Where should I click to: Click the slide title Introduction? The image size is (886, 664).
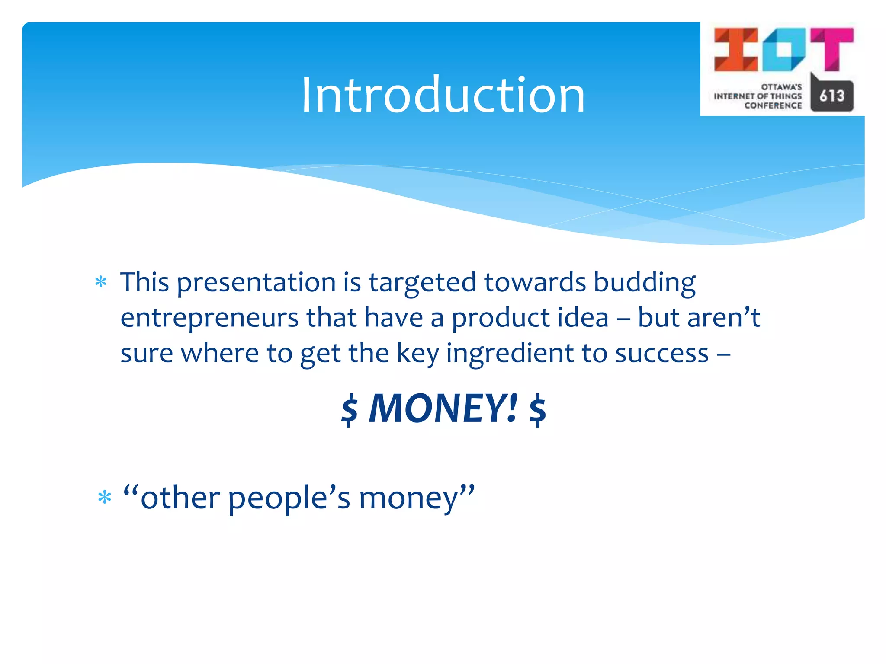(443, 95)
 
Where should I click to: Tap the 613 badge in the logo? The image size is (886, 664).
(831, 95)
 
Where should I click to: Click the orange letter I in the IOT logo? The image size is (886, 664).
(735, 49)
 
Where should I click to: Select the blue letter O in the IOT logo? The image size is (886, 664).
(783, 49)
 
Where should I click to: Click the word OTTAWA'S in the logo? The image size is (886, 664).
(781, 87)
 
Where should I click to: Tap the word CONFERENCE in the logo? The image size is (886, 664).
(773, 106)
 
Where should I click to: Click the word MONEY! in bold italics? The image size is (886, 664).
(443, 408)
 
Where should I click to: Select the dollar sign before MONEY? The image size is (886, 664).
(350, 409)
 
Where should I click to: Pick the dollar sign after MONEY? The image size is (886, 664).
(537, 409)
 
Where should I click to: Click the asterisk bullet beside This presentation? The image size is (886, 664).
(101, 283)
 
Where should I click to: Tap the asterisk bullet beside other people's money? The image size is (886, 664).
(105, 498)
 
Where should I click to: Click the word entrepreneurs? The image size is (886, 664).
(209, 318)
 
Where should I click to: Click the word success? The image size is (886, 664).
(662, 354)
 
